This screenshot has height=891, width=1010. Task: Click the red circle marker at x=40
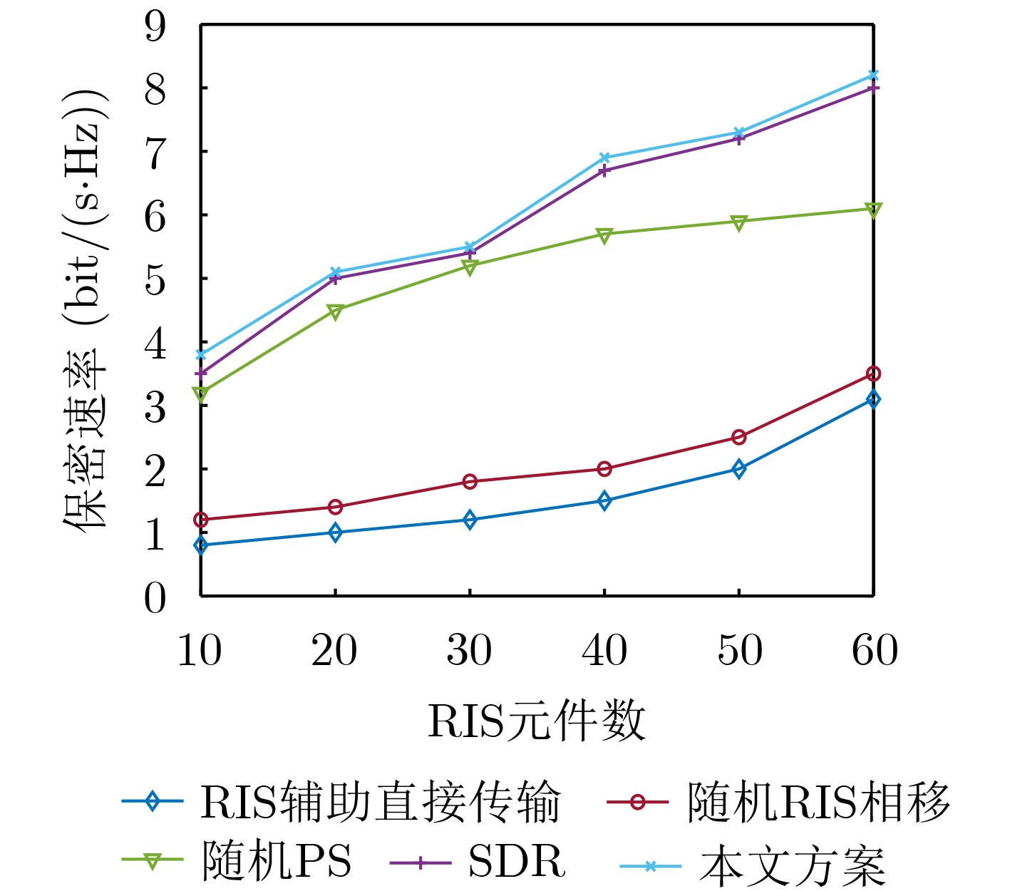coord(604,469)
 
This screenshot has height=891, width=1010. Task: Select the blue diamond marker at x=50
coord(739,469)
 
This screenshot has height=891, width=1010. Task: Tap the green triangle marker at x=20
coord(335,311)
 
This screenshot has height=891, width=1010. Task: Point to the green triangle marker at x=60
coord(873,210)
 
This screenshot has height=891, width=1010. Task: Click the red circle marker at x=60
coord(873,374)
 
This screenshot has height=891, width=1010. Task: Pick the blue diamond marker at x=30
coord(470,520)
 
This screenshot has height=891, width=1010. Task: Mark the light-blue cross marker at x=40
coord(604,158)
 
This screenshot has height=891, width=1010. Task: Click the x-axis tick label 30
coord(469,650)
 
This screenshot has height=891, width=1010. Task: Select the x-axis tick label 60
coord(875,650)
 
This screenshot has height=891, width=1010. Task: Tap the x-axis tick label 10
coord(200,650)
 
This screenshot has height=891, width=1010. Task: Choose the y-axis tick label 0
coord(155,597)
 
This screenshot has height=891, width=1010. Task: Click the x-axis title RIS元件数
coord(536,721)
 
